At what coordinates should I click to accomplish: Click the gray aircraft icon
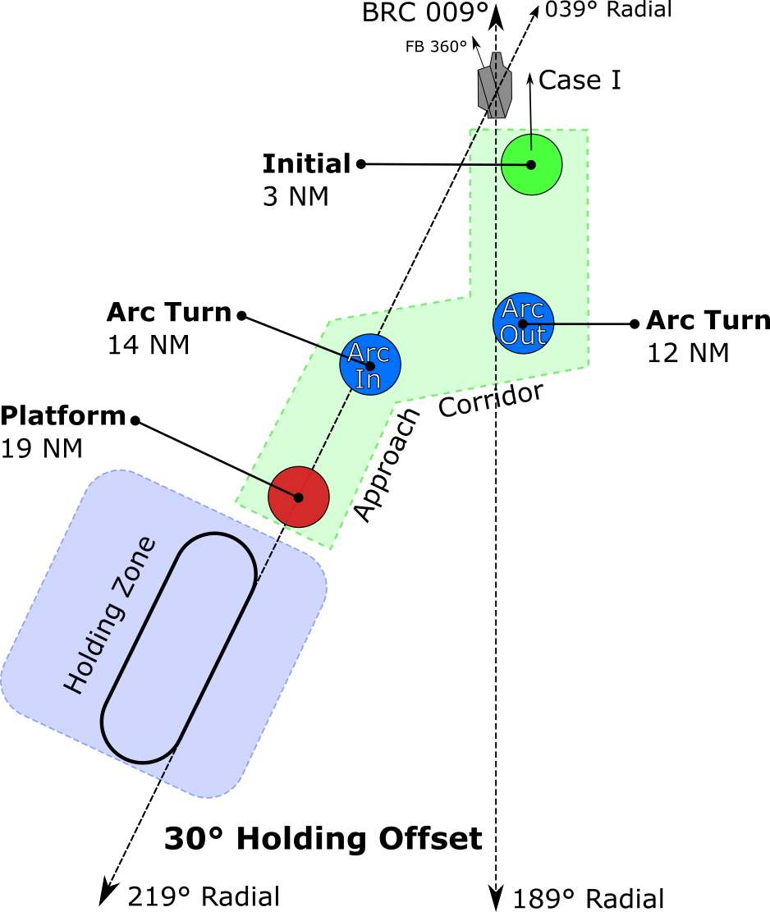[495, 85]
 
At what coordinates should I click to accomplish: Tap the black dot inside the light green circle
[531, 165]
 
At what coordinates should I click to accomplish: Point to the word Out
[522, 336]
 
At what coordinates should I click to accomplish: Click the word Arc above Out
[522, 309]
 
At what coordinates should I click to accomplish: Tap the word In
[367, 380]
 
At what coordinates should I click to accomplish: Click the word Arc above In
[368, 353]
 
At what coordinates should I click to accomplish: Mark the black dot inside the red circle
[298, 497]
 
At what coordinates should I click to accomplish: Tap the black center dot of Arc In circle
[370, 366]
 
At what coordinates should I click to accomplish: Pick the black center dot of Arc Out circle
[522, 324]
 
